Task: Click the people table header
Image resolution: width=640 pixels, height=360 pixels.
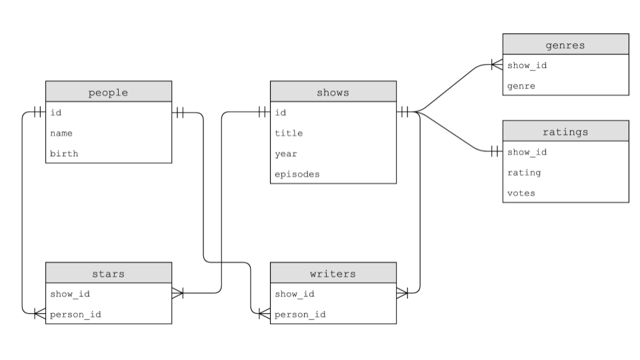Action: coord(108,92)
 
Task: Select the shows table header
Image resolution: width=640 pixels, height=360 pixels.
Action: coord(333,92)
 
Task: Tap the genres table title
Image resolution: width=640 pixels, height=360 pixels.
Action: coord(565,45)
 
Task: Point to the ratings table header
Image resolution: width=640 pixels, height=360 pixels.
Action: coord(565,131)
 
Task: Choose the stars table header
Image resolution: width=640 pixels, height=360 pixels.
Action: coord(108,273)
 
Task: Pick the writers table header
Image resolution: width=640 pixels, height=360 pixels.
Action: coord(333,273)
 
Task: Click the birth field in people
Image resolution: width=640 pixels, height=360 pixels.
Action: coord(64,153)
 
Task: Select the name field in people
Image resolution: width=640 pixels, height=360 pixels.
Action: coord(61,133)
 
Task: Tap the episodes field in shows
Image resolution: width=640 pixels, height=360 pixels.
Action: coord(297,174)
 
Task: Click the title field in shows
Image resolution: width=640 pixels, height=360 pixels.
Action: coord(289,133)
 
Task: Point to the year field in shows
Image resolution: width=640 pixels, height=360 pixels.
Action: coord(286,153)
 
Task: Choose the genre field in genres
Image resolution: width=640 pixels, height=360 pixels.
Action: coord(521,86)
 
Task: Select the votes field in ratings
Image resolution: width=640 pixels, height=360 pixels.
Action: coord(521,193)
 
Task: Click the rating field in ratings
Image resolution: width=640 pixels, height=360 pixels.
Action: coord(524,173)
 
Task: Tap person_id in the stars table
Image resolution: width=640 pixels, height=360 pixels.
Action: coord(75,313)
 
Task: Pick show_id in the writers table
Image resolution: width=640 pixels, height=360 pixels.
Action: coord(295,293)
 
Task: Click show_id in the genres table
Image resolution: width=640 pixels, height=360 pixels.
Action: coord(527,65)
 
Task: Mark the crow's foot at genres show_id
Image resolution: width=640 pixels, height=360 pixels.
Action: coord(496,65)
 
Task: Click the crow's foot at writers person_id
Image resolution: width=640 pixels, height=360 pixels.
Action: coord(264,313)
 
